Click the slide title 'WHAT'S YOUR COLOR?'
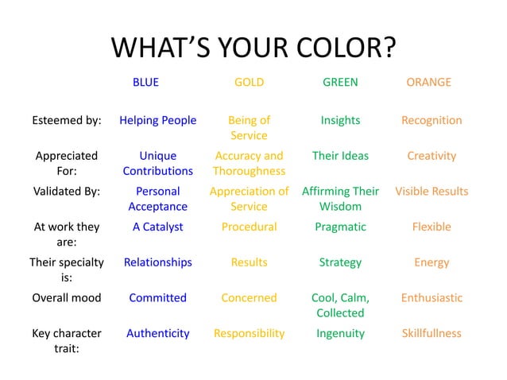[253, 48]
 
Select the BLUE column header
[145, 82]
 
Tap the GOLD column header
[249, 82]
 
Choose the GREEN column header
[340, 82]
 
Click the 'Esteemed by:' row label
[67, 120]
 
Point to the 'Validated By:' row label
[67, 191]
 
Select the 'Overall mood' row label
[67, 297]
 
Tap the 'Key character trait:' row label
[67, 340]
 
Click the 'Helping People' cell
[157, 120]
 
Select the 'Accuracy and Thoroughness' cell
[249, 163]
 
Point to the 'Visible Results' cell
[432, 191]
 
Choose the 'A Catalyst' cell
[157, 227]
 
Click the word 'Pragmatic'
[340, 227]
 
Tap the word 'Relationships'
[157, 262]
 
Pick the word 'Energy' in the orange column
[432, 262]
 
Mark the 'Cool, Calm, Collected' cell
[340, 304]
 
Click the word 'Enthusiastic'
[432, 297]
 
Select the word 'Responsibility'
[249, 333]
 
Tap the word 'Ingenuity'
[340, 333]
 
